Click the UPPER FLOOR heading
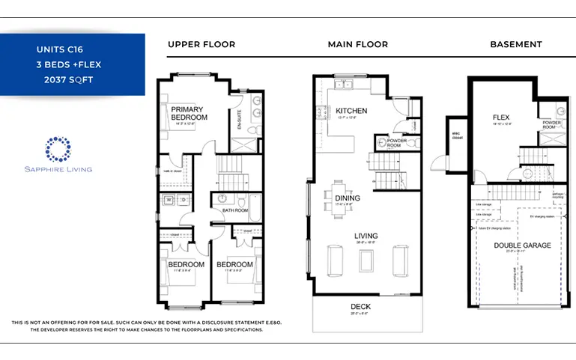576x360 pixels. click(201, 44)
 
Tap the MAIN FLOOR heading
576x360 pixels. click(357, 44)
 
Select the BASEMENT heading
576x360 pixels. click(515, 44)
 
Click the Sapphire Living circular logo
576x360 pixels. click(57, 150)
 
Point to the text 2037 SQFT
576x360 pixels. click(68, 79)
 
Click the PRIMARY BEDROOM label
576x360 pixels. click(188, 113)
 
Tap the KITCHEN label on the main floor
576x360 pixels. click(351, 111)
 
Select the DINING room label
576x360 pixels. click(348, 198)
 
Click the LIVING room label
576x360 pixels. click(366, 237)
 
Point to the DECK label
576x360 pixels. click(360, 307)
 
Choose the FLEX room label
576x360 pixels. click(500, 118)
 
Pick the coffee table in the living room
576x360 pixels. click(366, 259)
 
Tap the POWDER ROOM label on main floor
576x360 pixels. click(396, 143)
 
